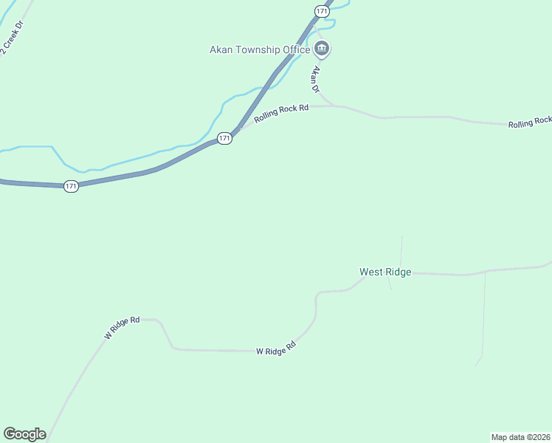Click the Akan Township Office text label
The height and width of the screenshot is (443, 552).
tap(260, 51)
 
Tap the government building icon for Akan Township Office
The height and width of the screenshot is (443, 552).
tap(322, 50)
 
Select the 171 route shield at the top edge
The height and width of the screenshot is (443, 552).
tap(321, 11)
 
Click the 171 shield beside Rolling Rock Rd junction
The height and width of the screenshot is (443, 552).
tap(225, 138)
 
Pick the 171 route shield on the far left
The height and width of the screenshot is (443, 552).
tap(71, 186)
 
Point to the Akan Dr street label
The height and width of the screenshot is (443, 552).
tap(317, 79)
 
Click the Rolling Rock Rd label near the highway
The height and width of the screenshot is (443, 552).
tap(281, 113)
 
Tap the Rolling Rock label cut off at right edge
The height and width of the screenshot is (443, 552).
tap(529, 122)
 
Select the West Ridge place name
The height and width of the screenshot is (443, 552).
tap(385, 272)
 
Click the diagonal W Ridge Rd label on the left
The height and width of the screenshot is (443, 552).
tap(122, 328)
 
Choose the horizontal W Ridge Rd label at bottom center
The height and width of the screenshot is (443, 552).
tap(275, 347)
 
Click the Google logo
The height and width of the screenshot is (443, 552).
tap(24, 434)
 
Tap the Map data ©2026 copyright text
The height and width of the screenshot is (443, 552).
tap(521, 436)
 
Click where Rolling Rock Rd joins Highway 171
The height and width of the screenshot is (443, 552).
tap(240, 128)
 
